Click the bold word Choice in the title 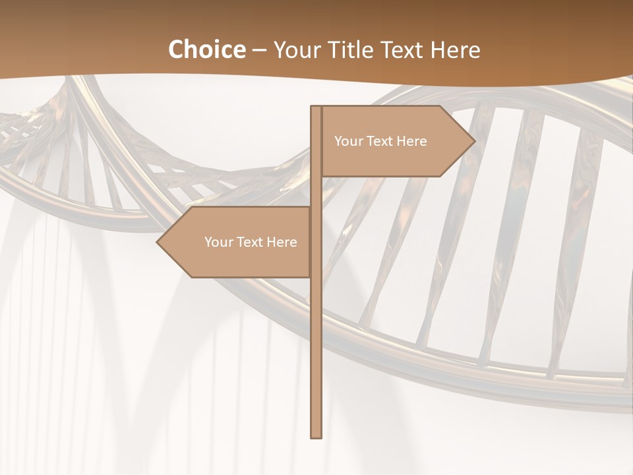coord(206,49)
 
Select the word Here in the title coord(455,49)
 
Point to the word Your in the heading coord(297,49)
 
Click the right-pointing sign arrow coord(396,141)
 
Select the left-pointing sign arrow coord(237,242)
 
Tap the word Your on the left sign coord(218,242)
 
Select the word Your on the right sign coord(348,141)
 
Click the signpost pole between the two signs coord(316,191)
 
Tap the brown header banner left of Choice coord(79,46)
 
